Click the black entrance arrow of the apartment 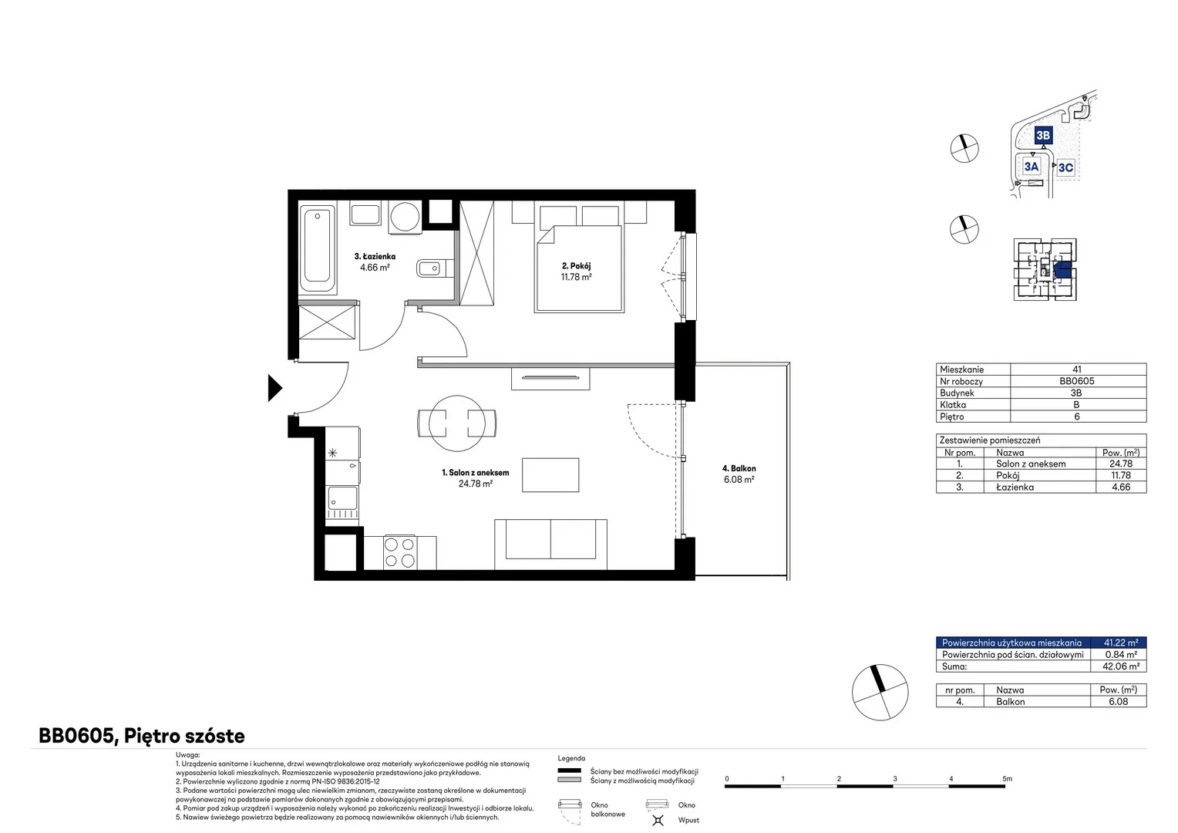click(x=274, y=388)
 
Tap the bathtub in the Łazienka click(x=318, y=248)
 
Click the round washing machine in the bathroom click(x=405, y=216)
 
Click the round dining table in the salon click(x=456, y=423)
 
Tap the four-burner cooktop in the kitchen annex click(x=399, y=552)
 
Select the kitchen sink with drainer click(x=343, y=502)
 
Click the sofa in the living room click(x=550, y=544)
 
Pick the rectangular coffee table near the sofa click(x=550, y=475)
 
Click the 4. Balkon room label click(x=739, y=468)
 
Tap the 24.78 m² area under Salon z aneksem click(x=476, y=484)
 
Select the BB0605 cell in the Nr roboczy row click(x=1076, y=381)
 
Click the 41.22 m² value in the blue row click(x=1121, y=642)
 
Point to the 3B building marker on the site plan click(x=1043, y=135)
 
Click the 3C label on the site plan click(x=1065, y=167)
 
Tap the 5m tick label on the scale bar click(x=1007, y=779)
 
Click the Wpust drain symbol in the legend click(x=658, y=821)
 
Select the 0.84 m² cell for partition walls click(x=1121, y=655)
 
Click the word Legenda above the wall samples click(x=571, y=758)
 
